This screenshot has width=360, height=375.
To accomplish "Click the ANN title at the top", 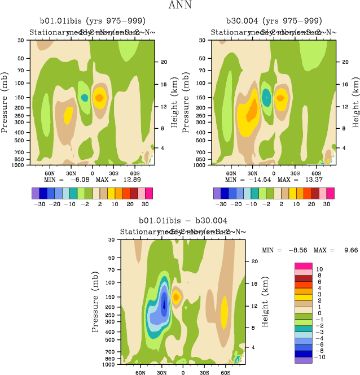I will coord(180,6).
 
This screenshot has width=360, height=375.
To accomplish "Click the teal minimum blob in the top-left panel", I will coord(85,98).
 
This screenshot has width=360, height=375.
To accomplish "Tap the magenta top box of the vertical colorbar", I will coord(304,266).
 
